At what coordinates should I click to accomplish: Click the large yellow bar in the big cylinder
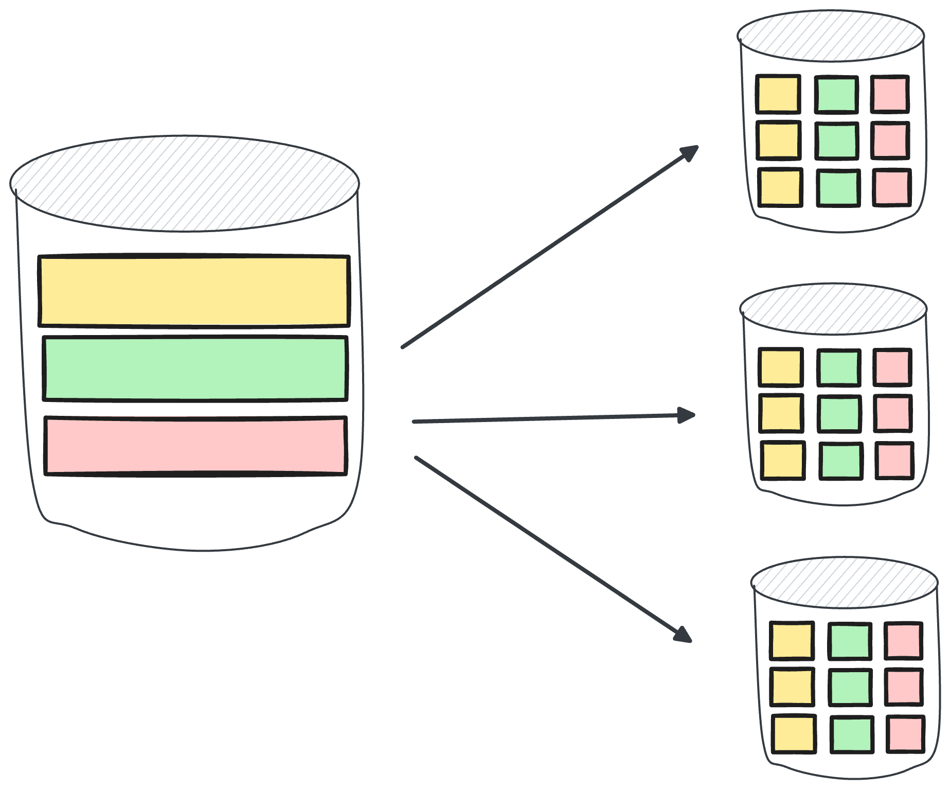(x=194, y=291)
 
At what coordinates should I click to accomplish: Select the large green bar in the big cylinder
(x=195, y=368)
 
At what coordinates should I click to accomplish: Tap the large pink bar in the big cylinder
(x=195, y=446)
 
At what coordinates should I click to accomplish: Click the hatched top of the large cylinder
(x=184, y=183)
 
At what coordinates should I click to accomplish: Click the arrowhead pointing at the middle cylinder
(x=687, y=415)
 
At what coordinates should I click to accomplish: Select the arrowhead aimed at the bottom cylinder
(x=684, y=635)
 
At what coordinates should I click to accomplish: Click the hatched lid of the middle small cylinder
(x=833, y=309)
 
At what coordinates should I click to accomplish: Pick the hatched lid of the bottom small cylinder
(x=845, y=582)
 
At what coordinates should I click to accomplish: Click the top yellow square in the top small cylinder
(x=778, y=94)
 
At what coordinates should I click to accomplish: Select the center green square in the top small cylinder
(x=837, y=141)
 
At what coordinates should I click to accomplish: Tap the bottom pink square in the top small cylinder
(x=892, y=187)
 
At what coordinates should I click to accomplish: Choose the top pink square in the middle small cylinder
(x=892, y=367)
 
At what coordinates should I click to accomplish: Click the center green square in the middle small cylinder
(x=839, y=413)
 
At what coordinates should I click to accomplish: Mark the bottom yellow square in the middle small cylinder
(x=782, y=461)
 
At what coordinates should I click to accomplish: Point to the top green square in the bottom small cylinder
(x=850, y=641)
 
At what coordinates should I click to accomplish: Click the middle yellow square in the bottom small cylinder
(x=792, y=687)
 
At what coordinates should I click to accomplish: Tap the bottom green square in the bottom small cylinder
(x=852, y=734)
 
